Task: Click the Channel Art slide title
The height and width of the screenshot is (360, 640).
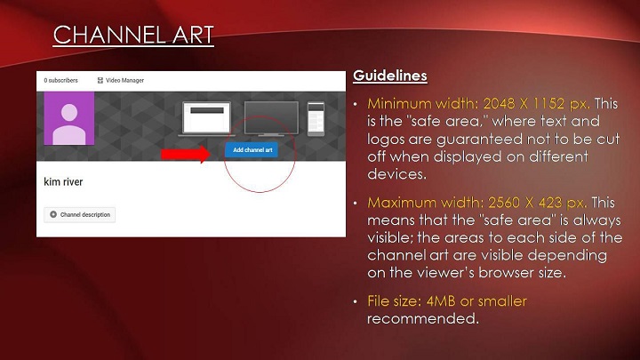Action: (133, 35)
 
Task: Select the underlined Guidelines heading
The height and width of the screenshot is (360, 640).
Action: (390, 76)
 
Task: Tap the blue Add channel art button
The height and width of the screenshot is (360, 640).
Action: (252, 150)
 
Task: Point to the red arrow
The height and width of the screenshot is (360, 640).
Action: (186, 154)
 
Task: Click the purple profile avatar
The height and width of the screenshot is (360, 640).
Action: (69, 118)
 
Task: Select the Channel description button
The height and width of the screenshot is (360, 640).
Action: (80, 215)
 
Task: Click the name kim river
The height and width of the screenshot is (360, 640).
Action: (63, 181)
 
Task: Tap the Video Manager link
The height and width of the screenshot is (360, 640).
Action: (121, 80)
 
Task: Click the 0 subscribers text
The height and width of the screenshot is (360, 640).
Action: (60, 80)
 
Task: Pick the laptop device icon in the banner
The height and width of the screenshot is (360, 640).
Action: (206, 118)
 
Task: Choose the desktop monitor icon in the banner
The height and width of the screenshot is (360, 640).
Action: (271, 118)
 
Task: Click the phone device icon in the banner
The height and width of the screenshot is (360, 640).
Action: (316, 118)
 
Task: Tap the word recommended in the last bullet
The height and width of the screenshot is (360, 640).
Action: (423, 318)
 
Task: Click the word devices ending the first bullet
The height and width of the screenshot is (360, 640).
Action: (396, 174)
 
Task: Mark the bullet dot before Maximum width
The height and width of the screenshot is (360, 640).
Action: (356, 203)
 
